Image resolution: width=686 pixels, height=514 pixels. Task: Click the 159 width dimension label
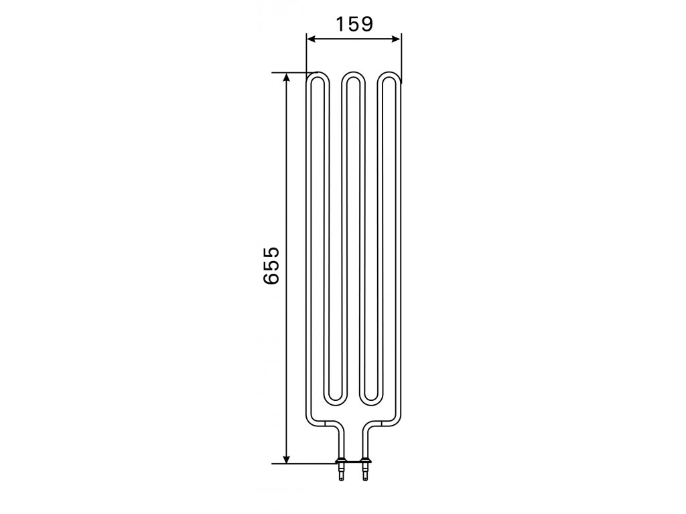pos(354,24)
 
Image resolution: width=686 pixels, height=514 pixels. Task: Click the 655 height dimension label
pos(271,266)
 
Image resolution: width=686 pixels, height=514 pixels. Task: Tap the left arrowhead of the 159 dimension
pos(311,39)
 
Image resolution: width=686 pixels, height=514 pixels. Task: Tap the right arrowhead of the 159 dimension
pos(396,39)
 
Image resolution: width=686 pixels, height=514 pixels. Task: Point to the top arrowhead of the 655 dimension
pos(286,78)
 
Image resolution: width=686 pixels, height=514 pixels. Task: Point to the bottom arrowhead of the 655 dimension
pos(286,458)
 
